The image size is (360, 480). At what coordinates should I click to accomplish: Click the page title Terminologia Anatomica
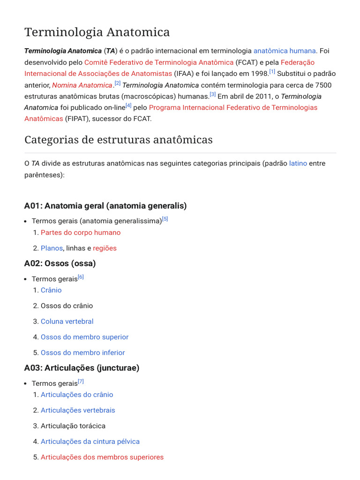97,32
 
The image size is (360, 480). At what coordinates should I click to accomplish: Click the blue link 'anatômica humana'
285,51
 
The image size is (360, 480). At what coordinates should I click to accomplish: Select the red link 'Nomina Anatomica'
82,85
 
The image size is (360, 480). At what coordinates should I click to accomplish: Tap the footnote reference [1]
272,72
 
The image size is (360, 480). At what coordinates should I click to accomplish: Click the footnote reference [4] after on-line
128,105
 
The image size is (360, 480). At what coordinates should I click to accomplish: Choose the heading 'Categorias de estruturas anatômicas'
118,140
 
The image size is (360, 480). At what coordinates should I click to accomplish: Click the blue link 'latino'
298,163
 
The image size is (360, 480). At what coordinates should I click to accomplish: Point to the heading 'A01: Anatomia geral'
105,206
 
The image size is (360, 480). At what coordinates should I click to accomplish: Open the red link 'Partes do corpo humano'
81,232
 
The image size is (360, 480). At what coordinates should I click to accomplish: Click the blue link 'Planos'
52,248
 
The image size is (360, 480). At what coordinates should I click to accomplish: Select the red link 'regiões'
105,248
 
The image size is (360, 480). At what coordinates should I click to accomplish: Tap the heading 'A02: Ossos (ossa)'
60,263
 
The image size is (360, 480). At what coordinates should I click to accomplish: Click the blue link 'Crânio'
51,290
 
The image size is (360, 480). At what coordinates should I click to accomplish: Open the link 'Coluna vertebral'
67,321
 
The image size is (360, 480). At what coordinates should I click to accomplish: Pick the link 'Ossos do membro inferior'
83,352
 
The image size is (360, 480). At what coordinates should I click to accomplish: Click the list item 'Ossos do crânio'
67,306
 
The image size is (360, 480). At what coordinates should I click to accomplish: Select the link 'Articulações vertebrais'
78,410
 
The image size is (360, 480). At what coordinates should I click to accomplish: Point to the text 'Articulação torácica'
73,426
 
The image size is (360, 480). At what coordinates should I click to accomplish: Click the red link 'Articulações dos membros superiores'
102,457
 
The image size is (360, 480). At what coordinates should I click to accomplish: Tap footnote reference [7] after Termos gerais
81,382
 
